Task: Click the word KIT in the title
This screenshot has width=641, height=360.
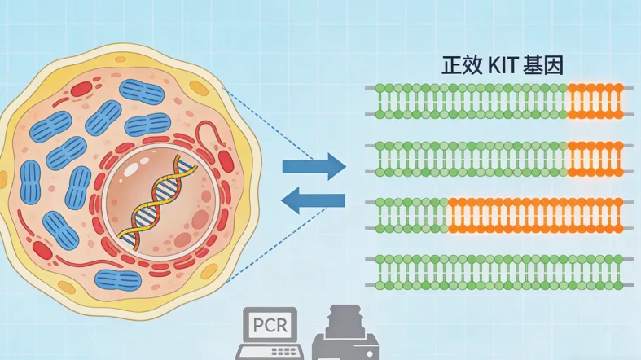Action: click(506, 66)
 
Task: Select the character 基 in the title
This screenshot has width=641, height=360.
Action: click(538, 66)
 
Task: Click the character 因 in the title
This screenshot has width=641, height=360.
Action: click(560, 66)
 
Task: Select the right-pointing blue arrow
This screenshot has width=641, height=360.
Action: click(314, 167)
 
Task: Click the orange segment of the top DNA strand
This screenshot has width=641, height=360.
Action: click(595, 100)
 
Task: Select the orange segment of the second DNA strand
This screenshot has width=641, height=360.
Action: click(595, 159)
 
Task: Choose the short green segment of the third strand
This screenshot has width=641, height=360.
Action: click(412, 213)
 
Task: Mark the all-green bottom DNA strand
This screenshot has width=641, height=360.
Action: click(500, 271)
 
